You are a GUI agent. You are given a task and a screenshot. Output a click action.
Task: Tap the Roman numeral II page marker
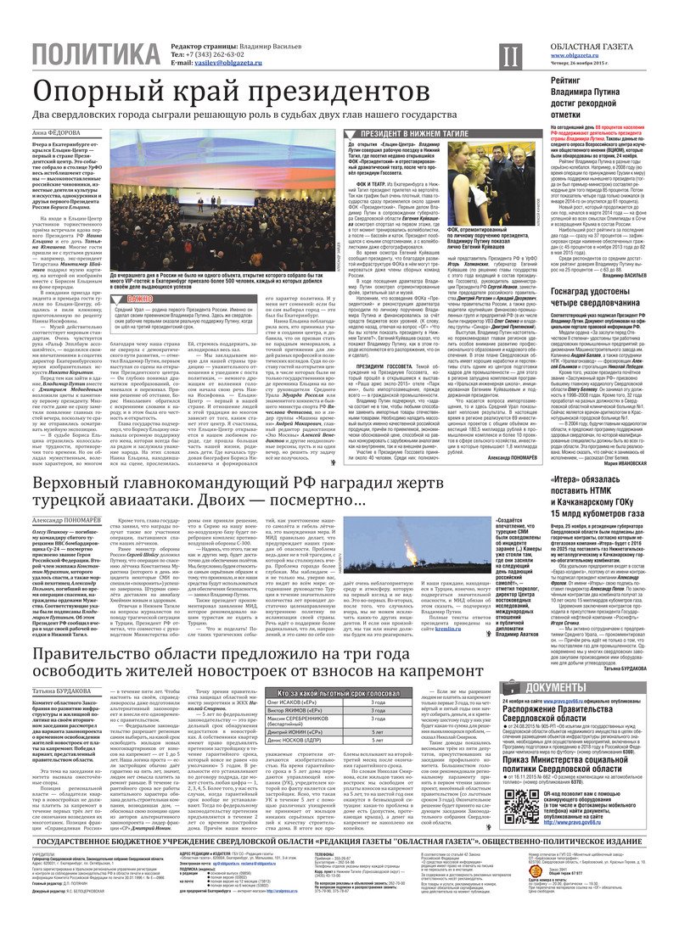[508, 57]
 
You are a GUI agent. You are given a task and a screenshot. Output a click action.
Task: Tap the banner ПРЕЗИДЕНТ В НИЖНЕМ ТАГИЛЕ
[407, 134]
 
